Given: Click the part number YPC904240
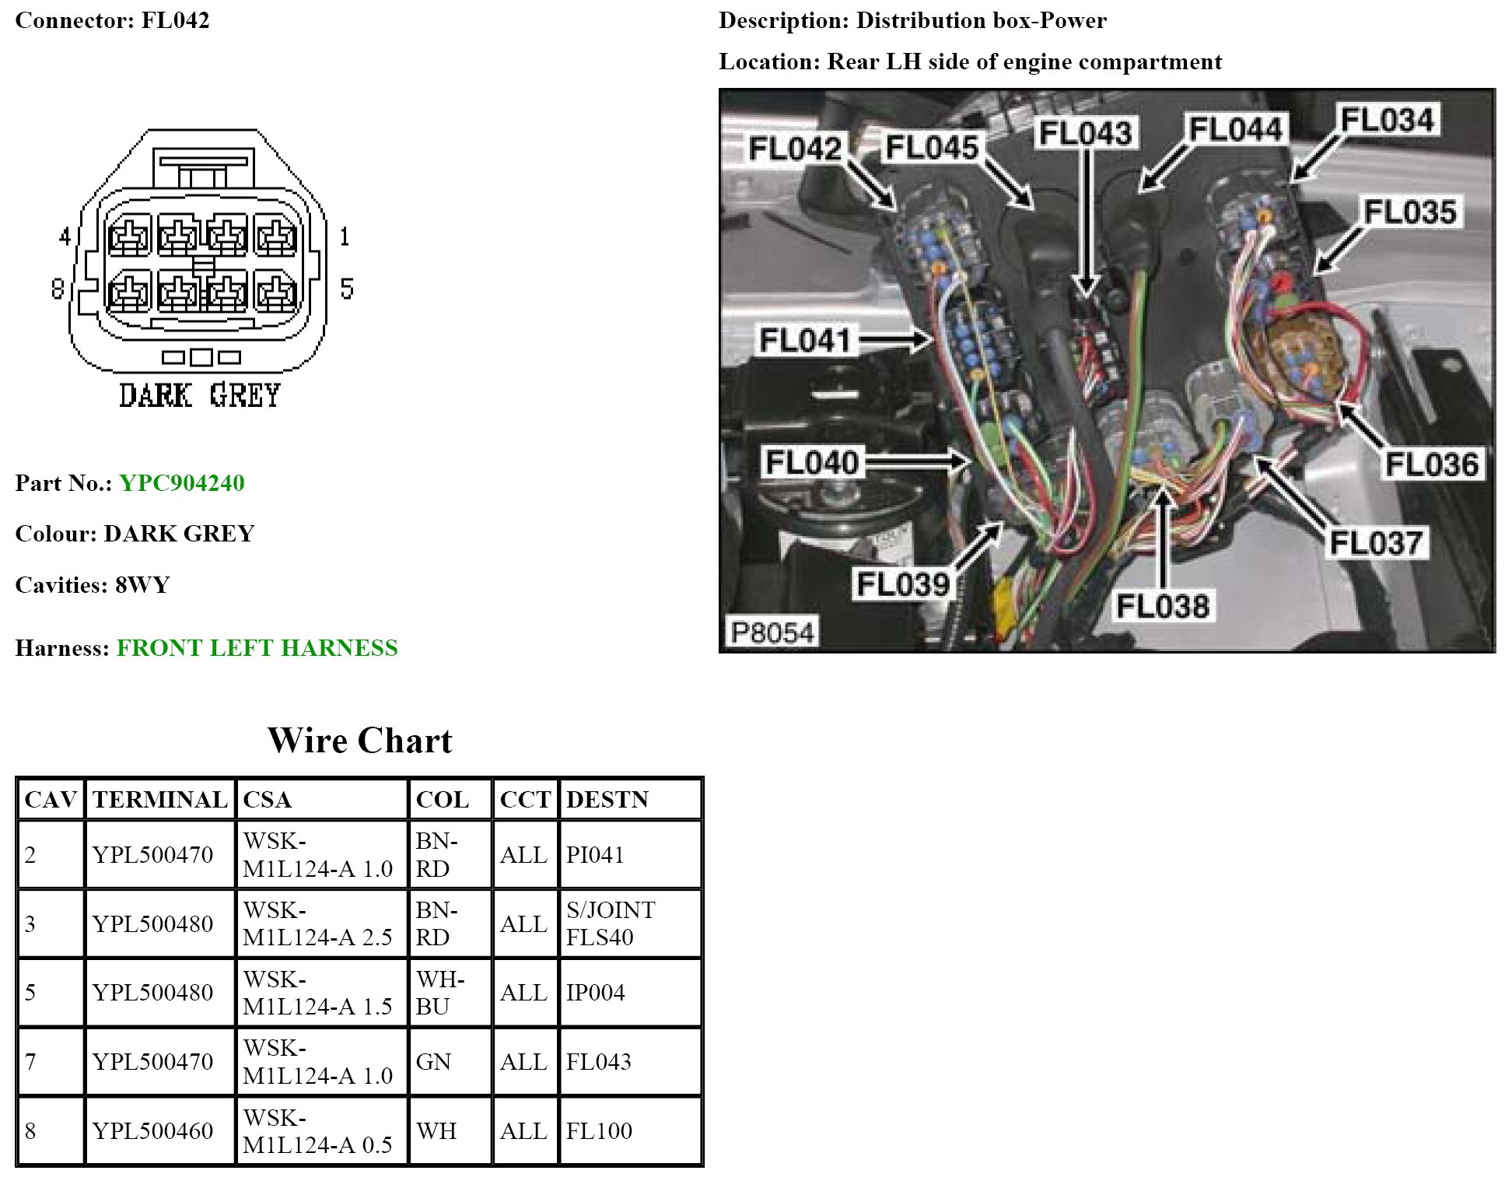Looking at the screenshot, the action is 182,483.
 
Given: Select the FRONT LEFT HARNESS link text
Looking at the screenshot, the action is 257,648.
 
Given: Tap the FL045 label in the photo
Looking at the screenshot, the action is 932,147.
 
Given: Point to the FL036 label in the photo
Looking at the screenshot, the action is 1431,464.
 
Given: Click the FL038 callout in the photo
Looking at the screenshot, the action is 1163,606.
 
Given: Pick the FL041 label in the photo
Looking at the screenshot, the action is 805,340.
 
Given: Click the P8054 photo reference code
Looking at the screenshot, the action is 772,633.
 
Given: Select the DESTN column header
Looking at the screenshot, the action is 607,800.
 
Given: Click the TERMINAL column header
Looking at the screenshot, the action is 159,800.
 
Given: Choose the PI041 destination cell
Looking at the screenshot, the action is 595,855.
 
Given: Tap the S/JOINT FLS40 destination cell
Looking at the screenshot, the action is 611,923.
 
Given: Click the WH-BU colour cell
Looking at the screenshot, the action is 440,993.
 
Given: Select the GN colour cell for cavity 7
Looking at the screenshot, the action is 433,1062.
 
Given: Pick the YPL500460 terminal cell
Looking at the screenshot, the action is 152,1131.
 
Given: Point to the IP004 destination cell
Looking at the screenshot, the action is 595,993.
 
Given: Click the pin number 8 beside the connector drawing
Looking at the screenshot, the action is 58,289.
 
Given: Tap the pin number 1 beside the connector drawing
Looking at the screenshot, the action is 345,237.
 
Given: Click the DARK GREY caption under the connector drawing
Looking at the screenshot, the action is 199,396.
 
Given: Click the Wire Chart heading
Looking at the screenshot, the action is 359,741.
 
